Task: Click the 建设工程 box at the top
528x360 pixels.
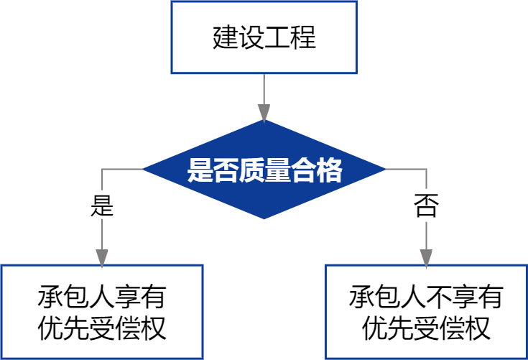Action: (x=264, y=37)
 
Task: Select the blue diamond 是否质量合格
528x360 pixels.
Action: (x=264, y=170)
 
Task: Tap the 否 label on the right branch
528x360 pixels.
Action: (x=426, y=207)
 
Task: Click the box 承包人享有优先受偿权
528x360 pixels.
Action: (x=102, y=312)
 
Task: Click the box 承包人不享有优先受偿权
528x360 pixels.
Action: (x=426, y=312)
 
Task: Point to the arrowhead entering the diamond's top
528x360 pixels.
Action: (x=264, y=112)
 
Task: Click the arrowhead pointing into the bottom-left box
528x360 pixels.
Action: (x=102, y=257)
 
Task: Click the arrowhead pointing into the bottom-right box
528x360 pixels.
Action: (x=426, y=257)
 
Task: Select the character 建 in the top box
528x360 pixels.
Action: (x=226, y=37)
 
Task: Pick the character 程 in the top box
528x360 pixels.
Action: (x=303, y=37)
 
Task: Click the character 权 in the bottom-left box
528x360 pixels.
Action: (x=154, y=328)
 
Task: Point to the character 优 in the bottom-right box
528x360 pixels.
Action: (x=374, y=328)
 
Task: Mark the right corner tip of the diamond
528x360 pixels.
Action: (x=384, y=170)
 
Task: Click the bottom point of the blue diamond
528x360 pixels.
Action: (x=264, y=218)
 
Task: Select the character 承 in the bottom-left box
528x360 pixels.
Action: (x=50, y=297)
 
